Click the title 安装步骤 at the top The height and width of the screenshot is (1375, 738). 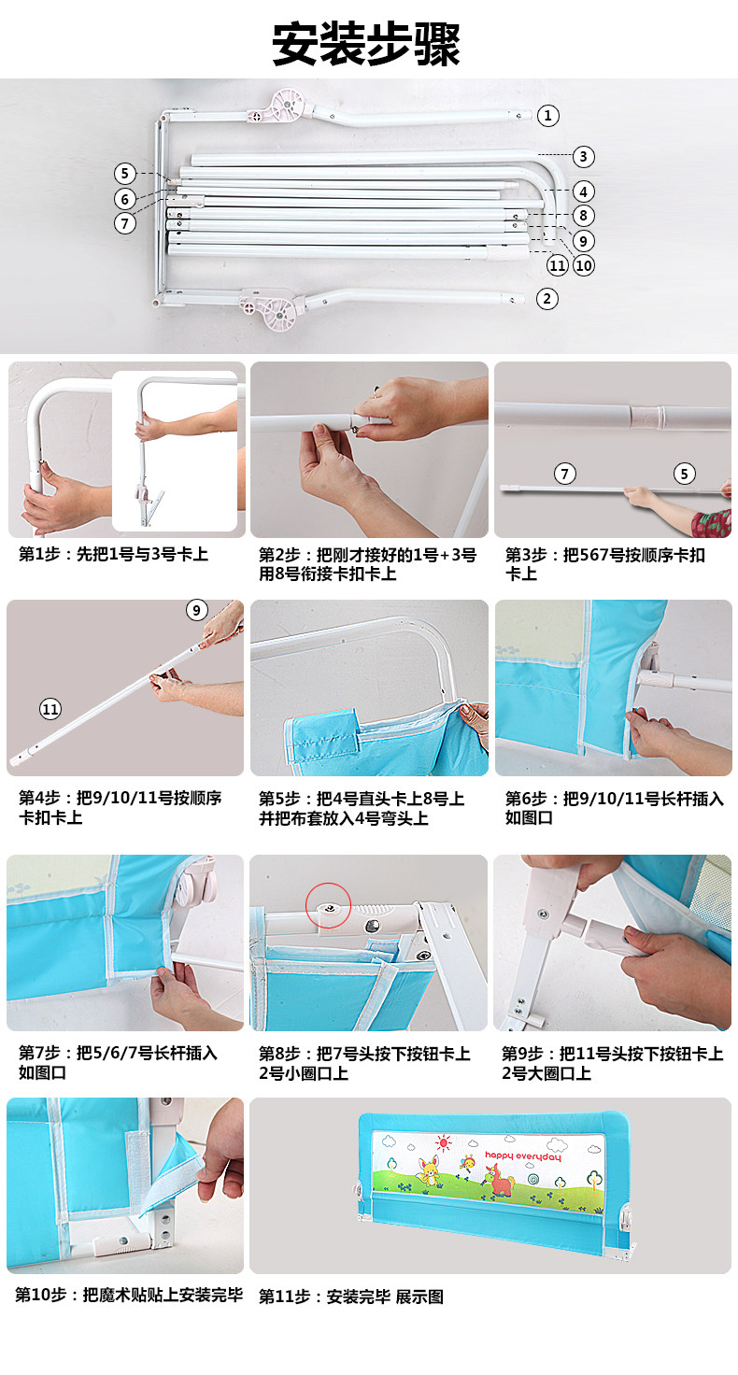coord(366,44)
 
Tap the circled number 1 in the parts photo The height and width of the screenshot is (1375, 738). coord(547,116)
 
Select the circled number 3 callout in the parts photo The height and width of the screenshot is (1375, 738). coord(583,157)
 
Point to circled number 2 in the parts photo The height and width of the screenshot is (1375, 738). coord(547,299)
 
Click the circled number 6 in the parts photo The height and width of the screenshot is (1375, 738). coord(125,199)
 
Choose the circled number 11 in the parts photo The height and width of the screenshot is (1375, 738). coord(558,265)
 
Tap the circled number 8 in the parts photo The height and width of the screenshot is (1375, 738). coord(583,216)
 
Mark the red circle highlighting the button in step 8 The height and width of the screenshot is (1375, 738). coord(328,905)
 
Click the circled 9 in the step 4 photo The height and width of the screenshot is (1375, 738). coord(196,610)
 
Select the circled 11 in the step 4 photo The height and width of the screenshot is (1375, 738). coord(50,709)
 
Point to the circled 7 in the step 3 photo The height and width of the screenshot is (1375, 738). coord(565,474)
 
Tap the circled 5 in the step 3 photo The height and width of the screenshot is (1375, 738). coord(684,474)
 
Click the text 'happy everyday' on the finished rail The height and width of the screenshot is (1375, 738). coord(523,1156)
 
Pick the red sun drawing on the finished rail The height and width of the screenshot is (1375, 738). coord(443,1143)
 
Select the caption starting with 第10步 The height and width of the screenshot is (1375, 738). coord(129,1295)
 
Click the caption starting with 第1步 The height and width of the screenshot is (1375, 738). coord(113,554)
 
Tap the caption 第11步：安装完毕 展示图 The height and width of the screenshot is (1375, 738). coord(350,1297)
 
